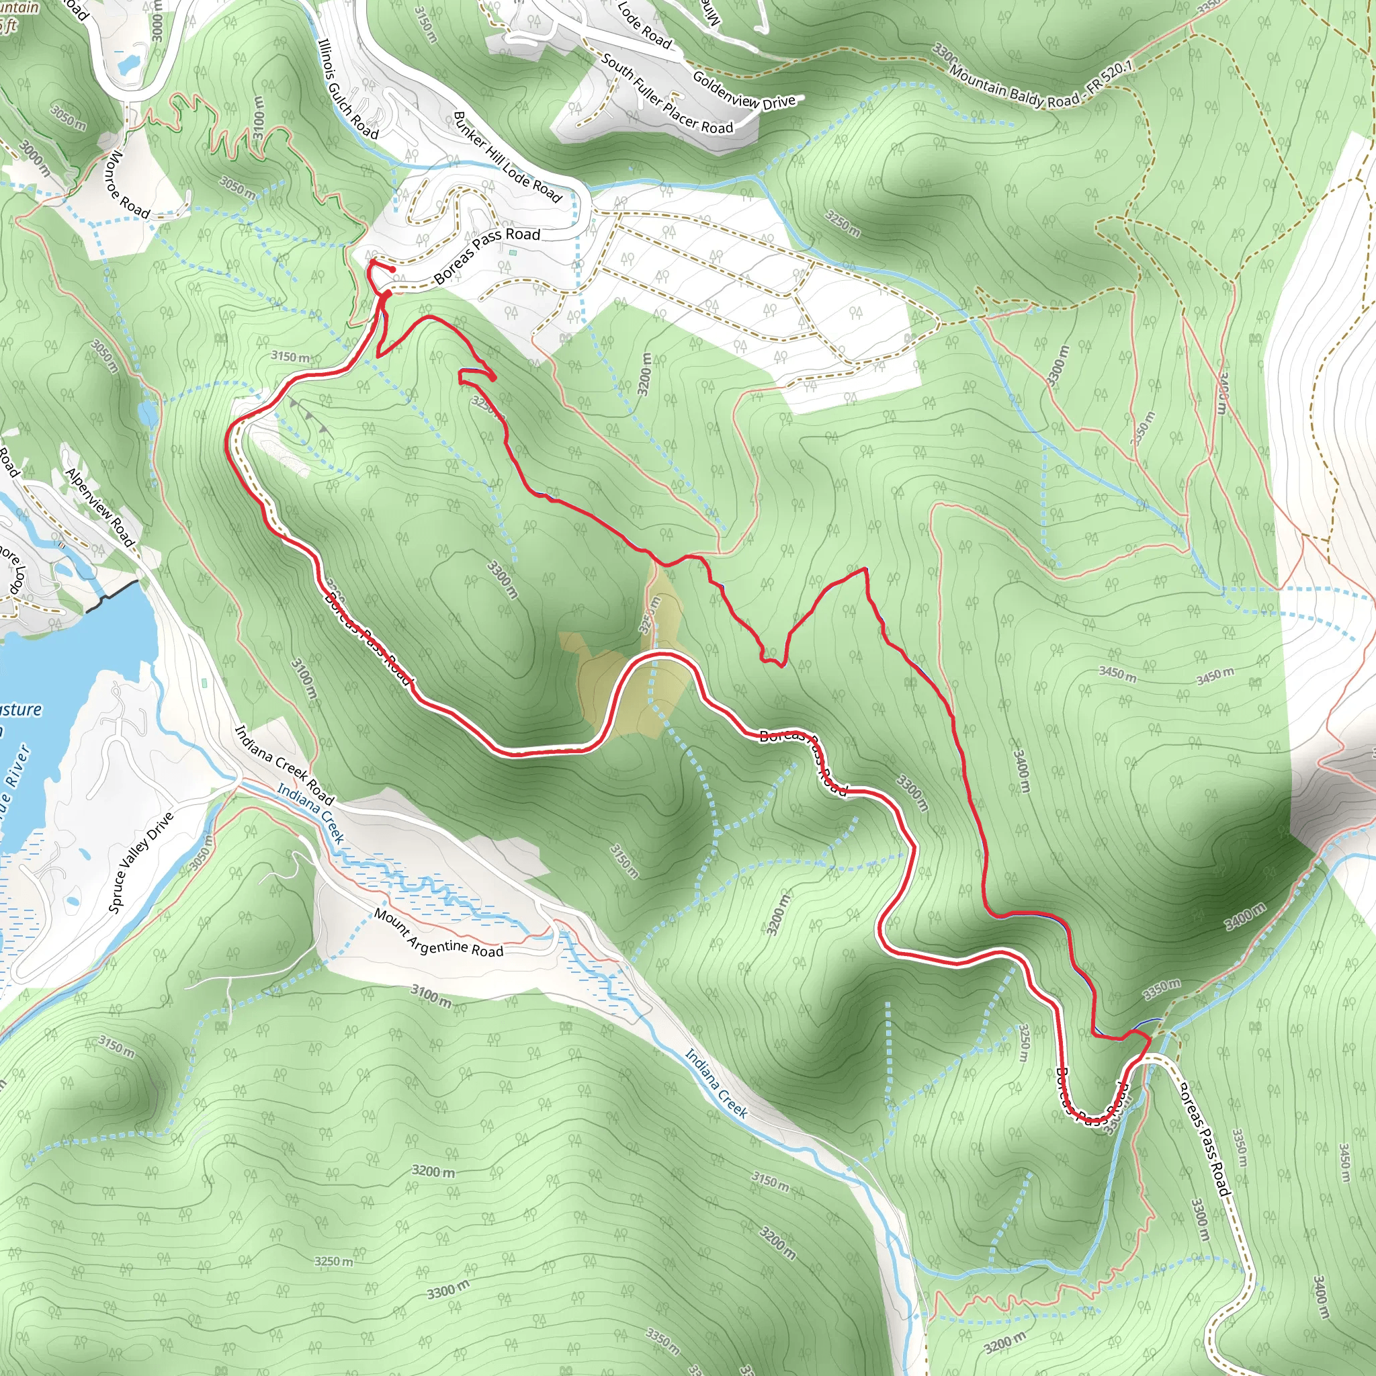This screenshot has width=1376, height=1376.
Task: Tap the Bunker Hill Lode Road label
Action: [508, 157]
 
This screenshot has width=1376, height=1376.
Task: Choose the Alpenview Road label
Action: [100, 507]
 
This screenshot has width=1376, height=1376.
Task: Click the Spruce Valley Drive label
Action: [141, 862]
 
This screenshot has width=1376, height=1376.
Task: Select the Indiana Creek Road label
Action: [284, 764]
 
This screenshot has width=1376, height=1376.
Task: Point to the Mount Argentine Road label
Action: [439, 934]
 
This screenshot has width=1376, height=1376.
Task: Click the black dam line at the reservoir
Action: [112, 595]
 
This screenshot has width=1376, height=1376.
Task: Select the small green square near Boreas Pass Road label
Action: [512, 251]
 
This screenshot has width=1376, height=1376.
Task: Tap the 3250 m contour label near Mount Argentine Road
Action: [334, 1261]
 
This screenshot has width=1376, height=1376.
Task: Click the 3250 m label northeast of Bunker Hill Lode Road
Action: [843, 223]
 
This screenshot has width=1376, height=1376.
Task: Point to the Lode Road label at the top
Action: [644, 26]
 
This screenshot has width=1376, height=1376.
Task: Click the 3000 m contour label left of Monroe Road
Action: [34, 158]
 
